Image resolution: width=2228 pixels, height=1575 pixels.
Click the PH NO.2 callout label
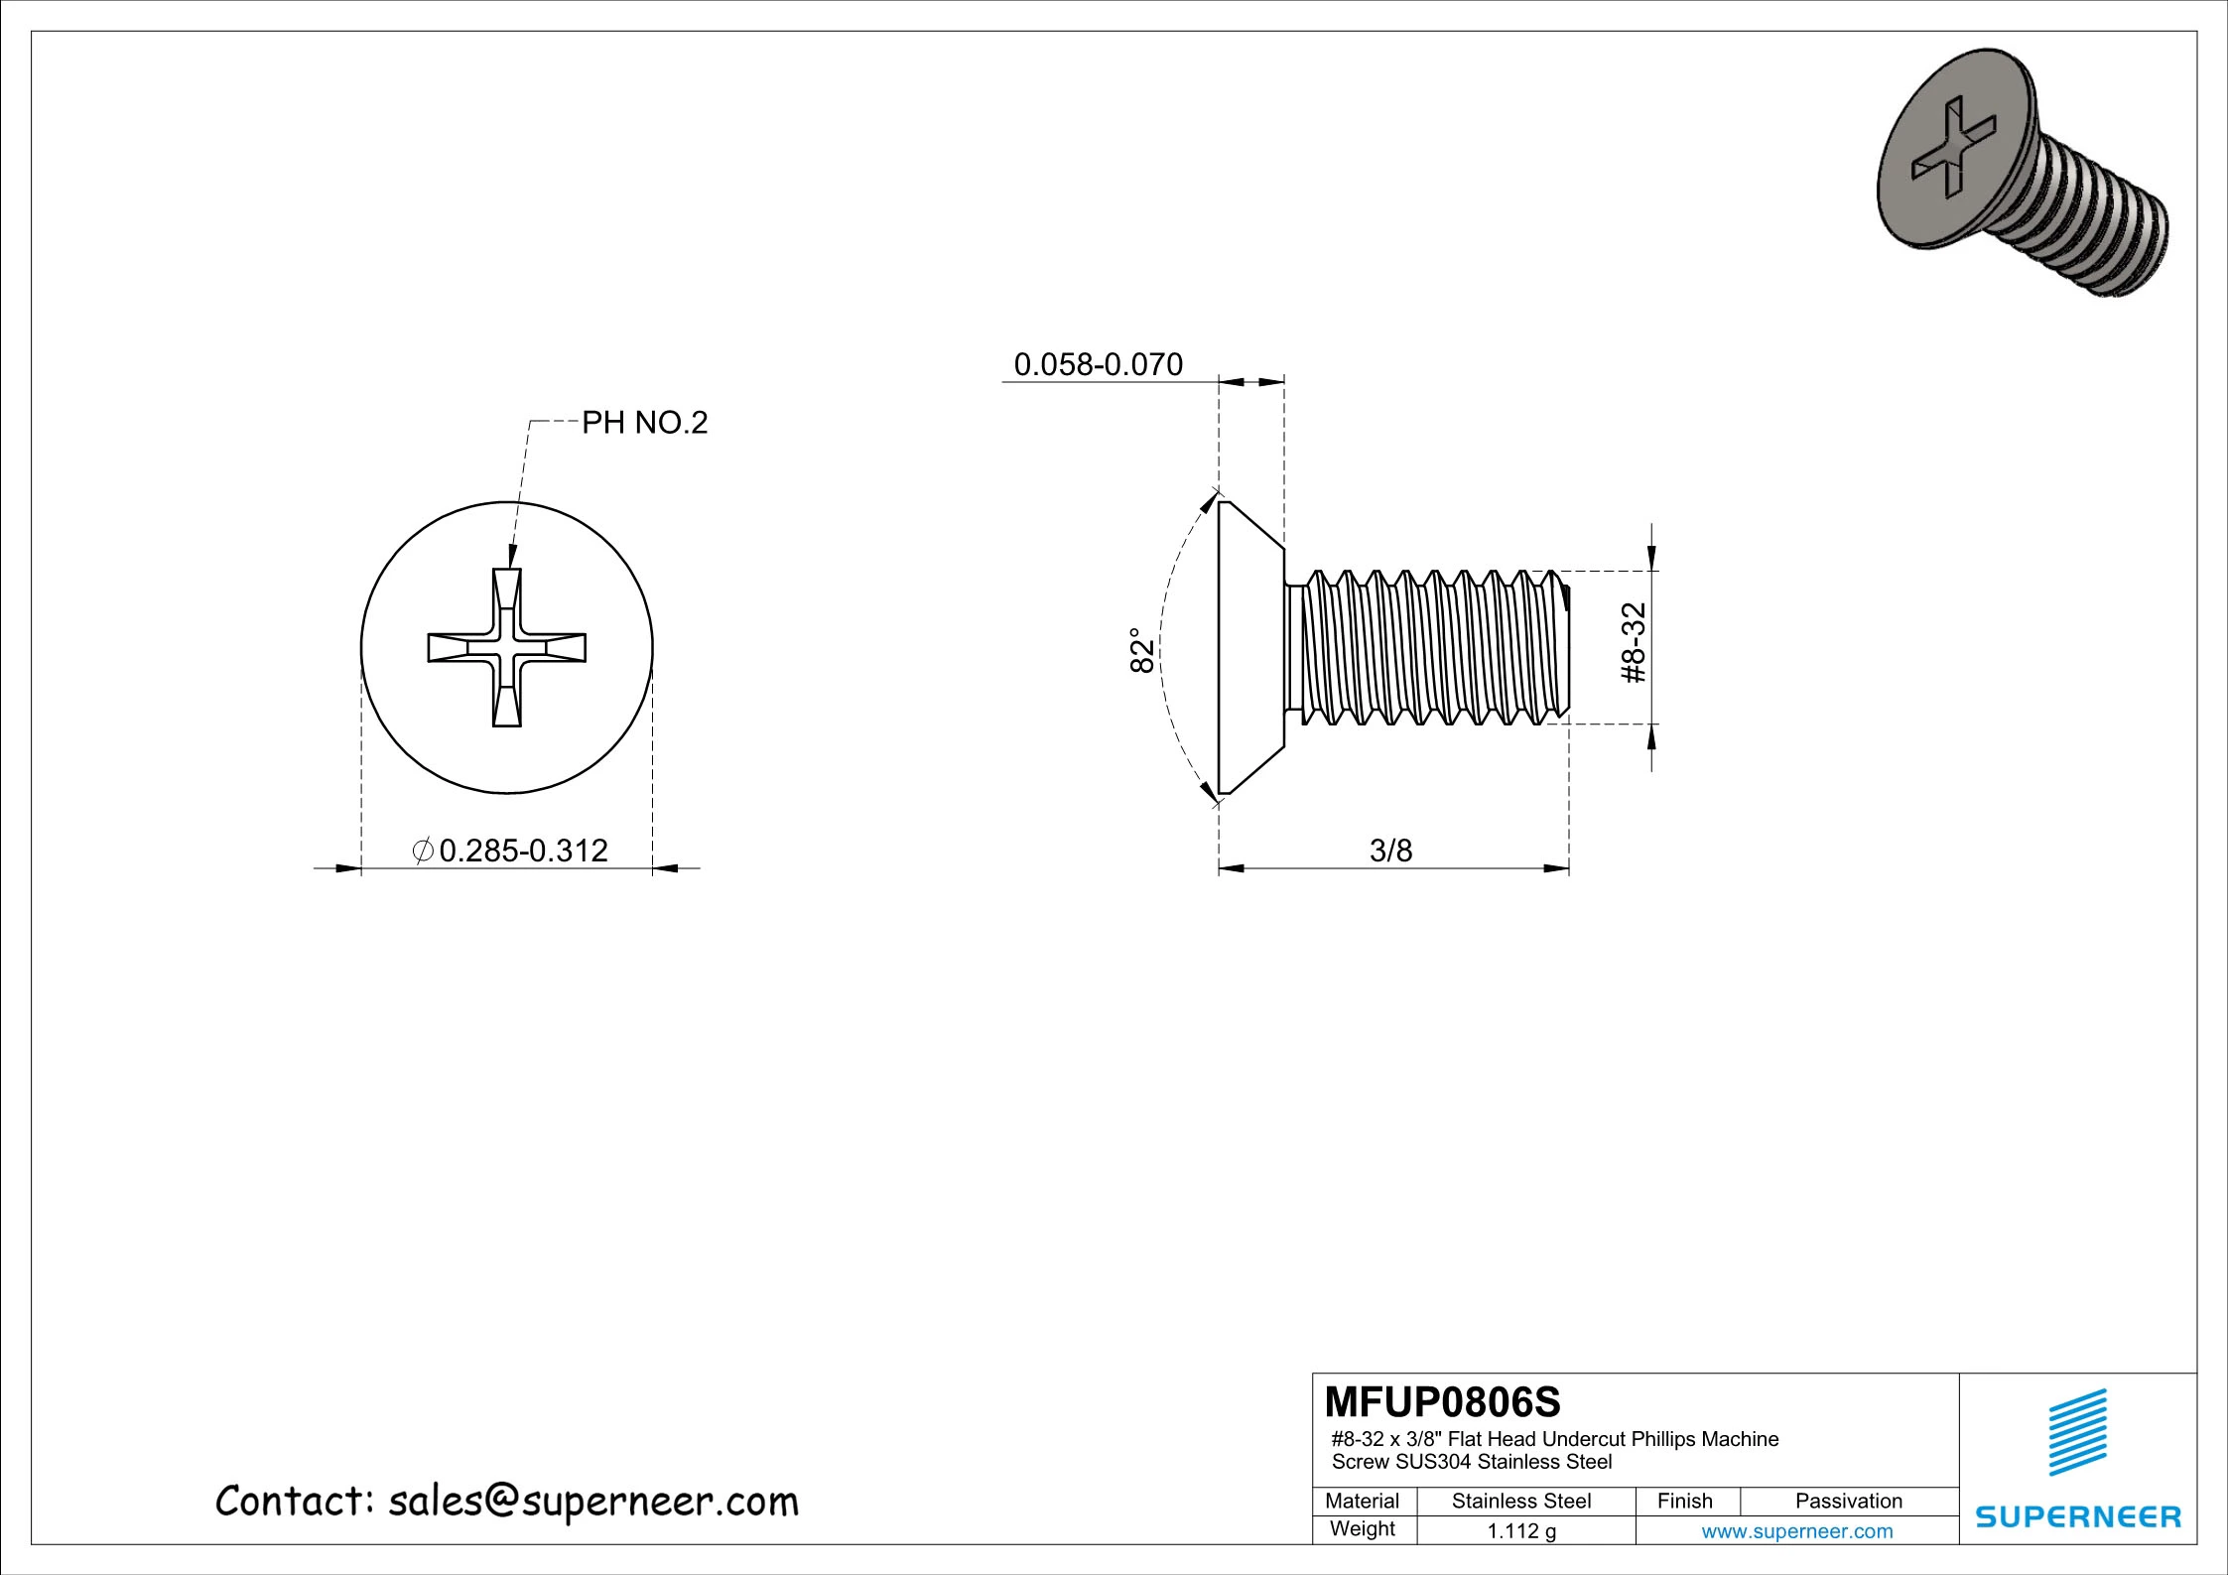644,424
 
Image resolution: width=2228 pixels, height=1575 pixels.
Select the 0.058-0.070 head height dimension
1098,365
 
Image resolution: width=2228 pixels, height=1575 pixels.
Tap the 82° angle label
1143,650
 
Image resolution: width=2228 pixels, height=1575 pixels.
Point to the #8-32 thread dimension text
1633,643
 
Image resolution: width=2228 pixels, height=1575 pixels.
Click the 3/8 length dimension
1390,851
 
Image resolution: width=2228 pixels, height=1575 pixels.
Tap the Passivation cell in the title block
1848,1502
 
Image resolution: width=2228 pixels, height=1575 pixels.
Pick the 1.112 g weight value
1521,1531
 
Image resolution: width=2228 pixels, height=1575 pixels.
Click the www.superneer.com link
1796,1531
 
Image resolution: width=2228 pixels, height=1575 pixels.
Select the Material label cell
1362,1502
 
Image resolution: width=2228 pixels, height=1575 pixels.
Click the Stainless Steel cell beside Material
1521,1502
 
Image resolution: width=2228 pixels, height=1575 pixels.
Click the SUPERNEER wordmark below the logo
2078,1516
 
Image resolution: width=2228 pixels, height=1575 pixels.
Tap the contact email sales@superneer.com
592,1502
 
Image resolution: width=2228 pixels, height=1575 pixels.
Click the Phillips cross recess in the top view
507,648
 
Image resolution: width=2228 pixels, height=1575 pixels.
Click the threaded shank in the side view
1429,648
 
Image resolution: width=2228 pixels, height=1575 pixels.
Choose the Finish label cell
1684,1502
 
